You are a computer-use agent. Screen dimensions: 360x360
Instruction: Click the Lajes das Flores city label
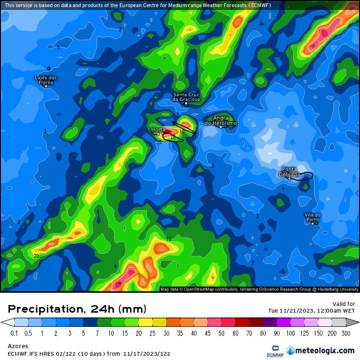click(46, 80)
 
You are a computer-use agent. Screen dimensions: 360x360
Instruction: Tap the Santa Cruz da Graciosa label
click(186, 97)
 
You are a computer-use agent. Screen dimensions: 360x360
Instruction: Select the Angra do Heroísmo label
click(221, 120)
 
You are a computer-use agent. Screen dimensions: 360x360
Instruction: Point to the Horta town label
click(158, 129)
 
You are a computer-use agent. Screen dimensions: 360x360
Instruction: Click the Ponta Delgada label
click(290, 171)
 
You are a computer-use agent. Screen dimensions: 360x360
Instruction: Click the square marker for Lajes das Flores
click(46, 86)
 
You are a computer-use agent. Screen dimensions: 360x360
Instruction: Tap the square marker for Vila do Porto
click(313, 223)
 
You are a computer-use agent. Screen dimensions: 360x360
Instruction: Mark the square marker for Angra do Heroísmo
click(221, 126)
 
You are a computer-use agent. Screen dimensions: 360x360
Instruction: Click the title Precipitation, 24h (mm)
click(77, 309)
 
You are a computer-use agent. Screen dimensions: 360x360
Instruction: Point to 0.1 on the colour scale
click(14, 333)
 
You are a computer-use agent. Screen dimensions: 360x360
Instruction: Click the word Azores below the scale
click(18, 346)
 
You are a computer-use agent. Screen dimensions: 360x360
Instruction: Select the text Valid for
click(344, 304)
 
